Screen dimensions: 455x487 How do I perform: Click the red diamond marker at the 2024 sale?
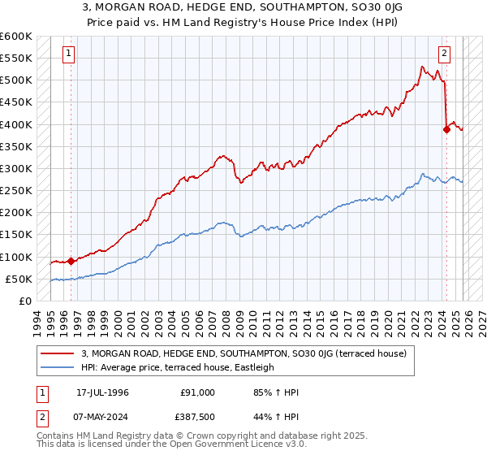pyautogui.click(x=446, y=129)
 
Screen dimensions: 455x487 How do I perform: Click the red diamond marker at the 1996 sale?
pyautogui.click(x=71, y=261)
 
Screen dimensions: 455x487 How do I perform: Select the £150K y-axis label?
pyautogui.click(x=16, y=235)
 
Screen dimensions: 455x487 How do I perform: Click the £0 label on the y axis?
pyautogui.click(x=24, y=301)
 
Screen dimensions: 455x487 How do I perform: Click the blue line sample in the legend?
pyautogui.click(x=57, y=368)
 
